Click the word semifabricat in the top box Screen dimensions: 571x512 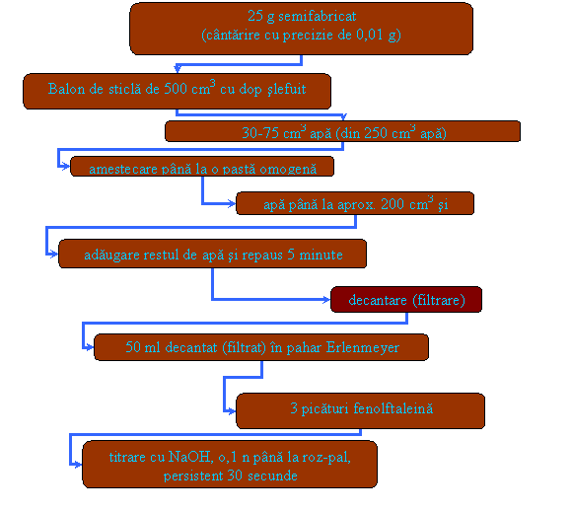318,16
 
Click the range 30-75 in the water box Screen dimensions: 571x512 260,133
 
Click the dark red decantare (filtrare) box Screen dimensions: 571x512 406,299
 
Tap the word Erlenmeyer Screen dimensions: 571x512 362,347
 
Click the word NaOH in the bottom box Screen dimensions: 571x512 190,457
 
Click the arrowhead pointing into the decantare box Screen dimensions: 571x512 325,300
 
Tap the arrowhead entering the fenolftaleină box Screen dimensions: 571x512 232,411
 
